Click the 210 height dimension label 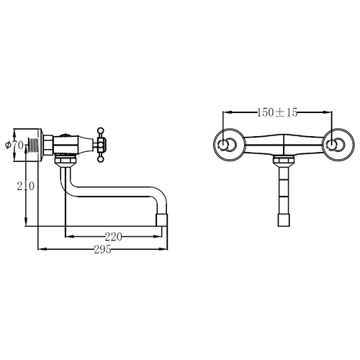(x=26, y=186)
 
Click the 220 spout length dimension (x=114, y=237)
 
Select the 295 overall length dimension (x=102, y=249)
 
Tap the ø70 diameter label (x=14, y=145)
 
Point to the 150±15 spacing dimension (x=277, y=112)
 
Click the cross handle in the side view (x=100, y=145)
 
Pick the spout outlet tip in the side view (x=162, y=220)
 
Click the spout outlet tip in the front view (x=284, y=220)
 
